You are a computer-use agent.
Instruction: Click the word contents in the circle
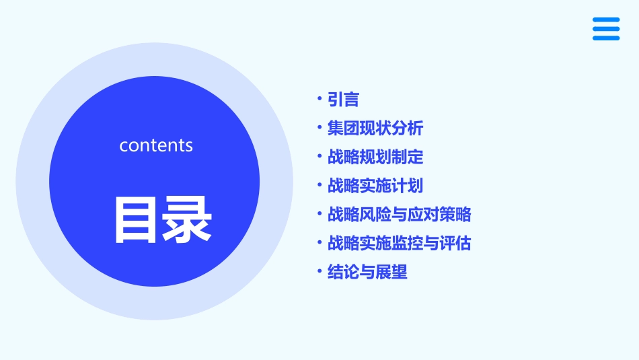(156, 145)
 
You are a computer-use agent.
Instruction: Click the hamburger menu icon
(606, 29)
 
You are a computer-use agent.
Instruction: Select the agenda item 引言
(343, 100)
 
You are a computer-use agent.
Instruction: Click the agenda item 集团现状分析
(375, 128)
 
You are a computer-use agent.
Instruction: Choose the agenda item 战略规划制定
(375, 157)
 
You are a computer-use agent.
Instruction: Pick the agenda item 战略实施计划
(375, 185)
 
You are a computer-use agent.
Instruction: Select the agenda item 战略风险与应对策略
(399, 214)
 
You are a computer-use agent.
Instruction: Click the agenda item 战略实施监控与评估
(399, 243)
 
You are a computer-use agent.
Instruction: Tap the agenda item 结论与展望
(367, 272)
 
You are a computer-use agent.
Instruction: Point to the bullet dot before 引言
(319, 99)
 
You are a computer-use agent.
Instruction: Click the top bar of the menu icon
(606, 20)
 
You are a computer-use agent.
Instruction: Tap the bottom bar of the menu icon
(606, 38)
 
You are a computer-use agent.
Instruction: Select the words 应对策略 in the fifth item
(439, 214)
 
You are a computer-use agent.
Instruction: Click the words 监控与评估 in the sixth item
(431, 243)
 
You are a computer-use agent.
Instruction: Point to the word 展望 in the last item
(391, 272)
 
